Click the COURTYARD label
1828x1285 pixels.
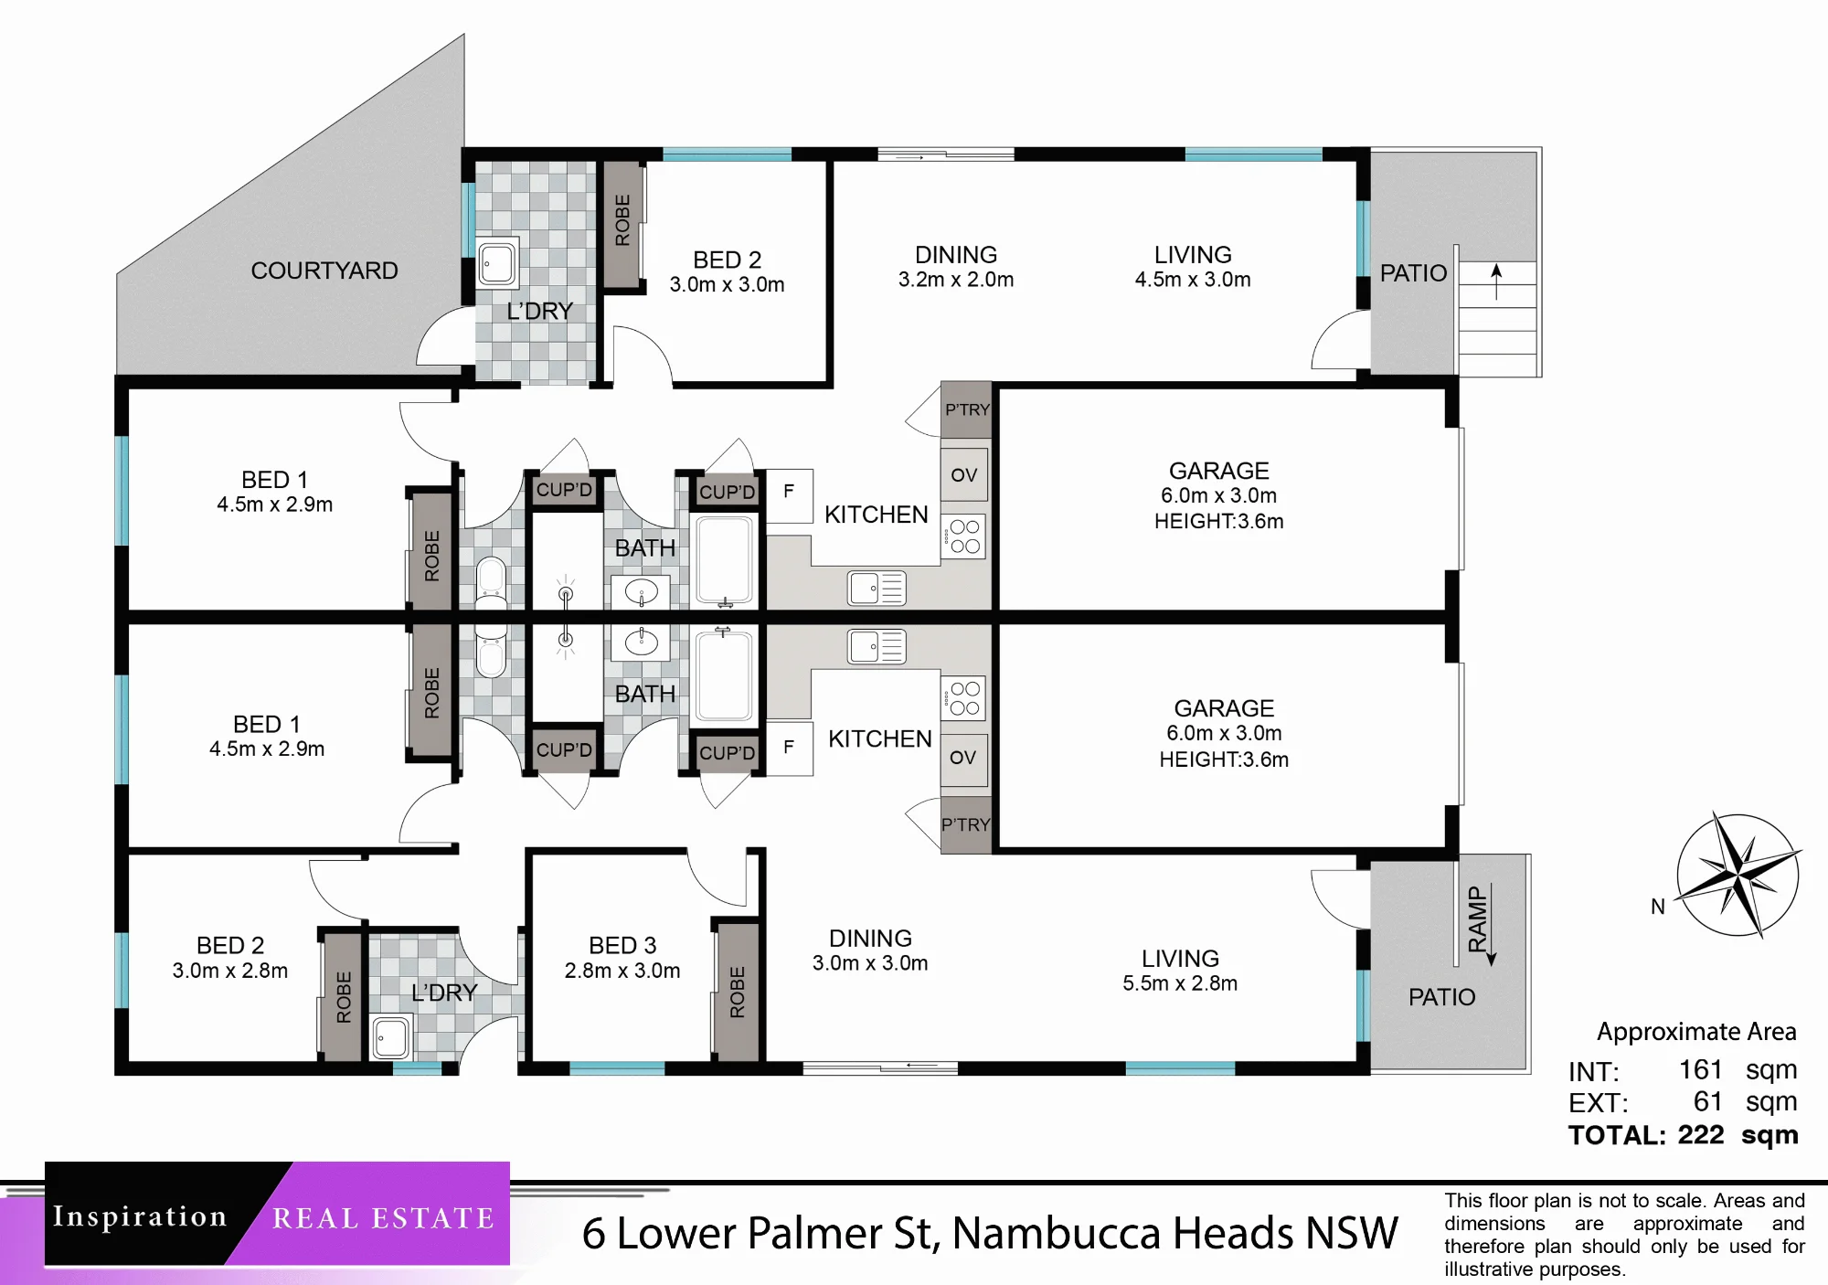[x=324, y=271]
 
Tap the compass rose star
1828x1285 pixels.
[x=1738, y=876]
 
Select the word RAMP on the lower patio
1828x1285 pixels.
[x=1478, y=919]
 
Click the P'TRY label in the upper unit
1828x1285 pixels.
[x=967, y=409]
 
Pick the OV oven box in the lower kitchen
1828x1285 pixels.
[x=964, y=759]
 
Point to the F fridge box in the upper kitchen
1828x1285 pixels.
[x=789, y=495]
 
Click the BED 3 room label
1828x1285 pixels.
[x=622, y=945]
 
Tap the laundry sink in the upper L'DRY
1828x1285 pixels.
[x=497, y=263]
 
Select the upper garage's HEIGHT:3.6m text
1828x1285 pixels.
[x=1219, y=522]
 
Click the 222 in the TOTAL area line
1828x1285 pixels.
[x=1701, y=1135]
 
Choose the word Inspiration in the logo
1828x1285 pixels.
[x=140, y=1216]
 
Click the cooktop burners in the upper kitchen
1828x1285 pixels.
[x=964, y=536]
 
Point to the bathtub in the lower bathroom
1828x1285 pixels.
[x=725, y=675]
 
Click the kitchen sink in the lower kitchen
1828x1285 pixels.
[x=877, y=647]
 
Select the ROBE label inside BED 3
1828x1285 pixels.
[x=738, y=992]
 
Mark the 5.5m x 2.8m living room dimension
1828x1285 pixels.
[x=1180, y=983]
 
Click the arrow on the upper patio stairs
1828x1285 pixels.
[x=1496, y=281]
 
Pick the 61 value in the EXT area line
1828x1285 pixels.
[x=1708, y=1102]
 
